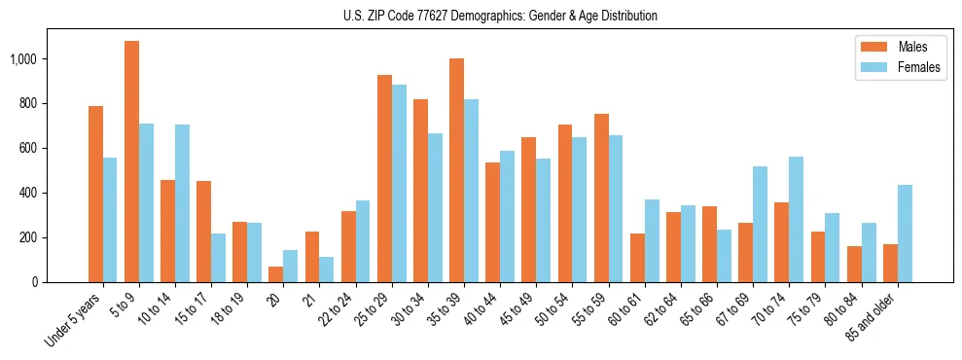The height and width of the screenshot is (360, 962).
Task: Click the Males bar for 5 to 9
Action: (131, 162)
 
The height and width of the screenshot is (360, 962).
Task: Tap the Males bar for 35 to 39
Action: (456, 170)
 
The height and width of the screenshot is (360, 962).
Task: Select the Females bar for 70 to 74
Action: (797, 219)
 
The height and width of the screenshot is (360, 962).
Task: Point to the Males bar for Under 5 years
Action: (95, 194)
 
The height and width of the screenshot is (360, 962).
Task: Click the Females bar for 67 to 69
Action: (761, 224)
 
